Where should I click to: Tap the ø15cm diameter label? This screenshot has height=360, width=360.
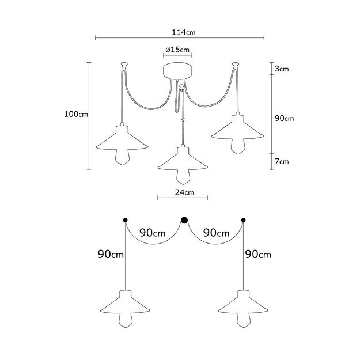(177, 50)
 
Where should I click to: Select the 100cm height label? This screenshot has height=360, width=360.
(76, 114)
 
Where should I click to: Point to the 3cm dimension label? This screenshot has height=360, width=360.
(282, 69)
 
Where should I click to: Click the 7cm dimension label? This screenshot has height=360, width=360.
(282, 162)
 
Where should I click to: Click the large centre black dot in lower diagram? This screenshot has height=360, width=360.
(185, 219)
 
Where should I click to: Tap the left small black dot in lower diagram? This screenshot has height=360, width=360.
(125, 220)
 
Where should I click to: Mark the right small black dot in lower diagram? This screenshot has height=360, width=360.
(244, 220)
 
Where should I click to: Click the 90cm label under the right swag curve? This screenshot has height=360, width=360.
(215, 233)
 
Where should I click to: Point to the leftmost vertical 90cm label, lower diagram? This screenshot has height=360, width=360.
(109, 254)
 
